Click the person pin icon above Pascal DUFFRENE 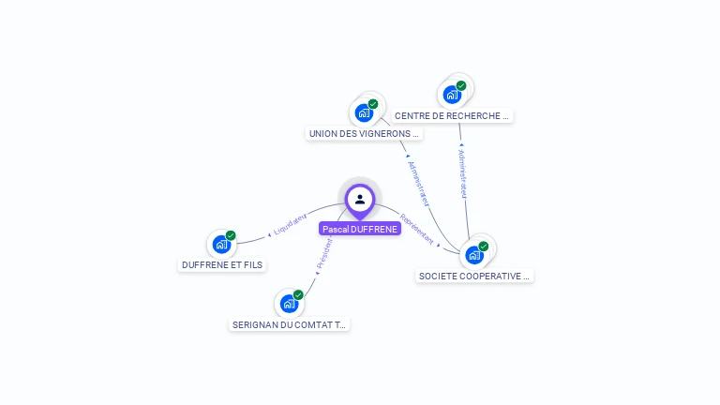pyautogui.click(x=360, y=199)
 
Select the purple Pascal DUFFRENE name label pyautogui.click(x=360, y=229)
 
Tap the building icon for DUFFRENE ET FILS pyautogui.click(x=221, y=244)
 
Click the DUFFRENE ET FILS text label pyautogui.click(x=222, y=265)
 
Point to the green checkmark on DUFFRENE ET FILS pyautogui.click(x=231, y=235)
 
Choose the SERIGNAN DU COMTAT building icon pyautogui.click(x=289, y=304)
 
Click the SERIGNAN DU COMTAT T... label pyautogui.click(x=290, y=324)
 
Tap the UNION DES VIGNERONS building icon pyautogui.click(x=364, y=112)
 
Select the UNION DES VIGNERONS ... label pyautogui.click(x=365, y=133)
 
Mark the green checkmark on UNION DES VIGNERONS pyautogui.click(x=373, y=104)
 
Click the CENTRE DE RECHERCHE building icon pyautogui.click(x=452, y=94)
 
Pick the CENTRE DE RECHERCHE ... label pyautogui.click(x=453, y=116)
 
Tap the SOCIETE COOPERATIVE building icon pyautogui.click(x=474, y=255)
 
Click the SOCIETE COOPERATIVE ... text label pyautogui.click(x=475, y=276)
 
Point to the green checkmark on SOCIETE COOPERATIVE pyautogui.click(x=484, y=247)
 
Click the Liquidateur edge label pyautogui.click(x=290, y=224)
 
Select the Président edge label pyautogui.click(x=323, y=253)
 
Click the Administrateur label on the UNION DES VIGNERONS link pyautogui.click(x=418, y=182)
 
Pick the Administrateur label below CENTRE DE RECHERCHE pyautogui.click(x=462, y=172)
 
